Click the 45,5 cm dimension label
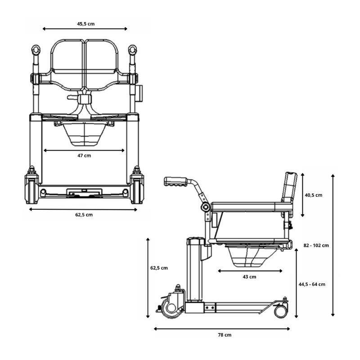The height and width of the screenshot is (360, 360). [85, 24]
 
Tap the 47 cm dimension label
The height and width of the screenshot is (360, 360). [84, 156]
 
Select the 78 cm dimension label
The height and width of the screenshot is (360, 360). [225, 335]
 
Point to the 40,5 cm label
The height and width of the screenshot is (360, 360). [313, 195]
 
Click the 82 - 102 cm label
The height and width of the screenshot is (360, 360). [316, 245]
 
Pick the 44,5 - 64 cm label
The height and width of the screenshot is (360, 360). [312, 284]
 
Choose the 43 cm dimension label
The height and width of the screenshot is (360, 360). [249, 277]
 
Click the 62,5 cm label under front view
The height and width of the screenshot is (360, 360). [84, 215]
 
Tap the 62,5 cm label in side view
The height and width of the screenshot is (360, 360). [159, 268]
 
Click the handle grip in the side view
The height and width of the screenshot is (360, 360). [175, 181]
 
